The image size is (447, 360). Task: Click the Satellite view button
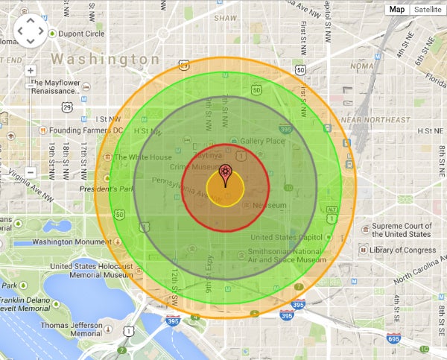point(427,9)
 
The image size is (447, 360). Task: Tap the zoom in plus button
point(31,70)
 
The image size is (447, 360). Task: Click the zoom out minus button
point(31,171)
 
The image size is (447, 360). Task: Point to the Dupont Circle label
point(82,34)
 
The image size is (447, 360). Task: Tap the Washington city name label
point(104,59)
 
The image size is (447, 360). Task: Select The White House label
point(143,157)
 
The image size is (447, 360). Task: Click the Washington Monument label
point(72,242)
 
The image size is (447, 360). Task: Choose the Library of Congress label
point(402,250)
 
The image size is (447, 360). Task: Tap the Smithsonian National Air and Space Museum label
point(287,256)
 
